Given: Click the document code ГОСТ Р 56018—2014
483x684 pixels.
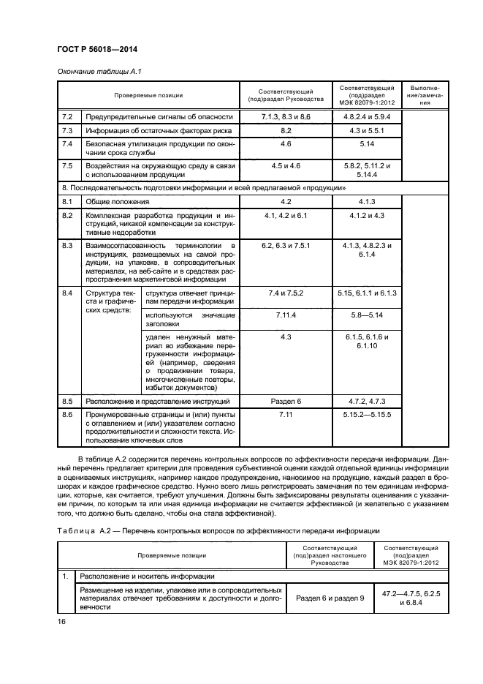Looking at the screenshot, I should point(98,49).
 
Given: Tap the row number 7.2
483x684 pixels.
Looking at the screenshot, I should point(66,117).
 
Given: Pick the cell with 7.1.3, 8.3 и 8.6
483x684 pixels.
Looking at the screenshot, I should point(285,117).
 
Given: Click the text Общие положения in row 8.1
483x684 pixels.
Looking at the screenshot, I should point(117,201).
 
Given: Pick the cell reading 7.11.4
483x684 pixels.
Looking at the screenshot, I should point(285,315).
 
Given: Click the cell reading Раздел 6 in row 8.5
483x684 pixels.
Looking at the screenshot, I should point(285,402).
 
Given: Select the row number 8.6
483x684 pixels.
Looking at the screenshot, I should point(66,415).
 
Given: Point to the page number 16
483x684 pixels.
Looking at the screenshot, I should point(62,622).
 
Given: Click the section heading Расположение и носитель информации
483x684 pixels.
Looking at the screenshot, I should point(138,576).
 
